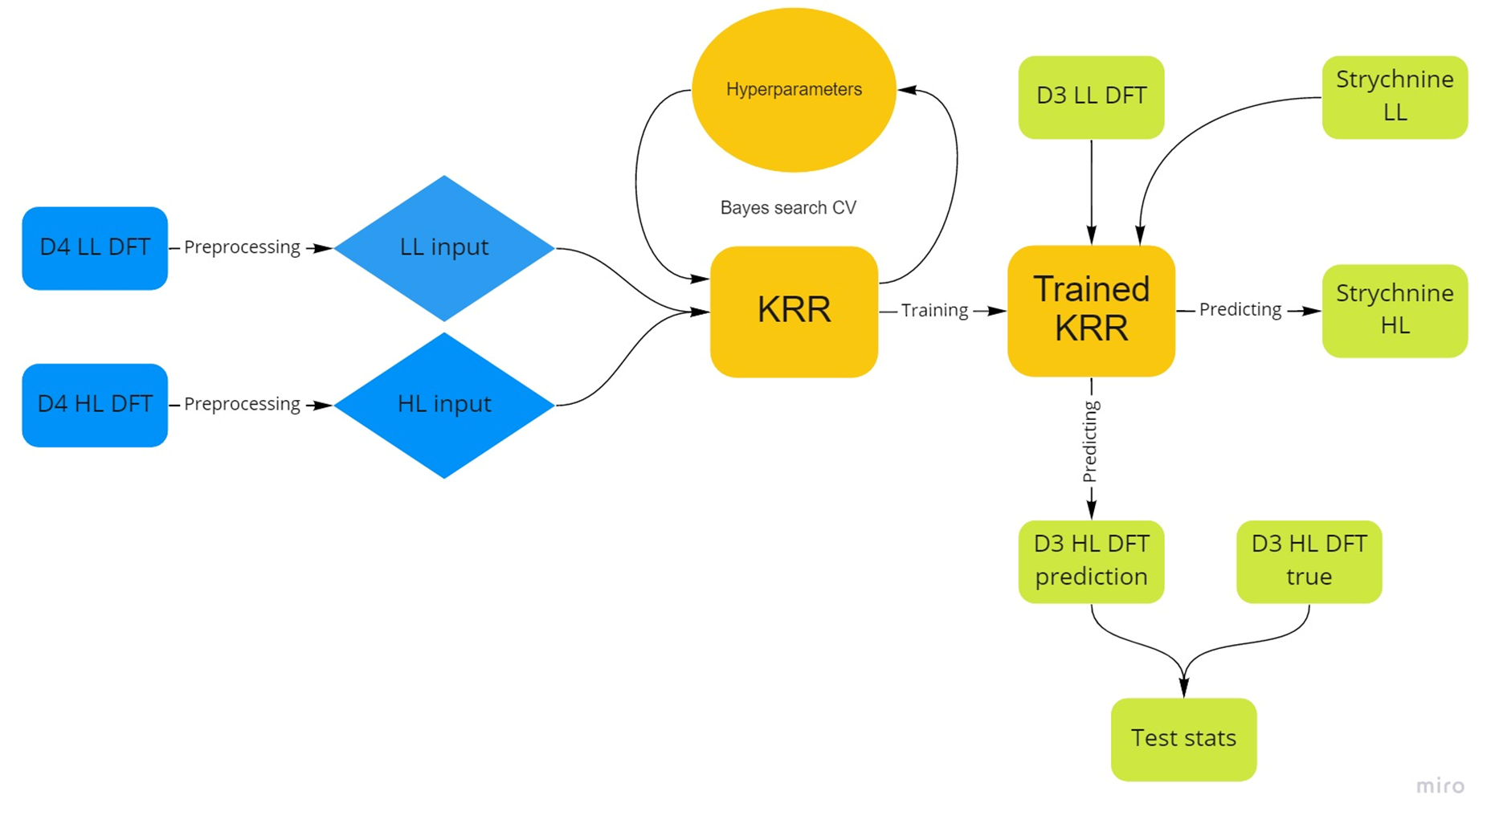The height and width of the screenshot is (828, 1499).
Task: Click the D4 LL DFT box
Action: (x=95, y=248)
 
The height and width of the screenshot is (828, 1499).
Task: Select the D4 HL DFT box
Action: (x=95, y=405)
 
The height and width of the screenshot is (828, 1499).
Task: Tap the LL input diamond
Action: (x=444, y=248)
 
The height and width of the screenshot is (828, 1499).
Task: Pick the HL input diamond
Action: (x=444, y=405)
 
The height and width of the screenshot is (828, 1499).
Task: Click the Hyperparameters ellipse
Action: (x=794, y=90)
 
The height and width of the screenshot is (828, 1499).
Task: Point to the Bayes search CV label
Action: (x=788, y=208)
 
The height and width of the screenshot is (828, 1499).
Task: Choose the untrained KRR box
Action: (x=794, y=311)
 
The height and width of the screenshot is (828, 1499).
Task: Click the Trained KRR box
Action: (x=1091, y=310)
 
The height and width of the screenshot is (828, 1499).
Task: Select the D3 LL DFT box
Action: (x=1091, y=97)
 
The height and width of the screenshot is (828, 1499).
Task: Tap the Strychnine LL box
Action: (x=1395, y=97)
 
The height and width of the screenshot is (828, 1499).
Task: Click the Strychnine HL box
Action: (x=1395, y=311)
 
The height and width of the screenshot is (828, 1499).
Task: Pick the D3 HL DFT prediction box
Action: (x=1091, y=561)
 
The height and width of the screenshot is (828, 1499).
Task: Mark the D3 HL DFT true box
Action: (x=1309, y=561)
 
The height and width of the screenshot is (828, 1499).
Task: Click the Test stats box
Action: (x=1183, y=739)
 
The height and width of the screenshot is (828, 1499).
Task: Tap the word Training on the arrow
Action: (x=934, y=311)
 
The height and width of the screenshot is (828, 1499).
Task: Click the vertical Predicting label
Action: (x=1090, y=442)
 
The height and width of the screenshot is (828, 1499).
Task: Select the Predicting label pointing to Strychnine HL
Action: (x=1240, y=310)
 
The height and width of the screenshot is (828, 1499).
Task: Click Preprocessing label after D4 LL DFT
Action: (x=242, y=247)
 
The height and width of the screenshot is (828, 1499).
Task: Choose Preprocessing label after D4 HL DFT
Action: (x=242, y=404)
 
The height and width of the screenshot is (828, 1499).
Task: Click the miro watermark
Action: (x=1440, y=785)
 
